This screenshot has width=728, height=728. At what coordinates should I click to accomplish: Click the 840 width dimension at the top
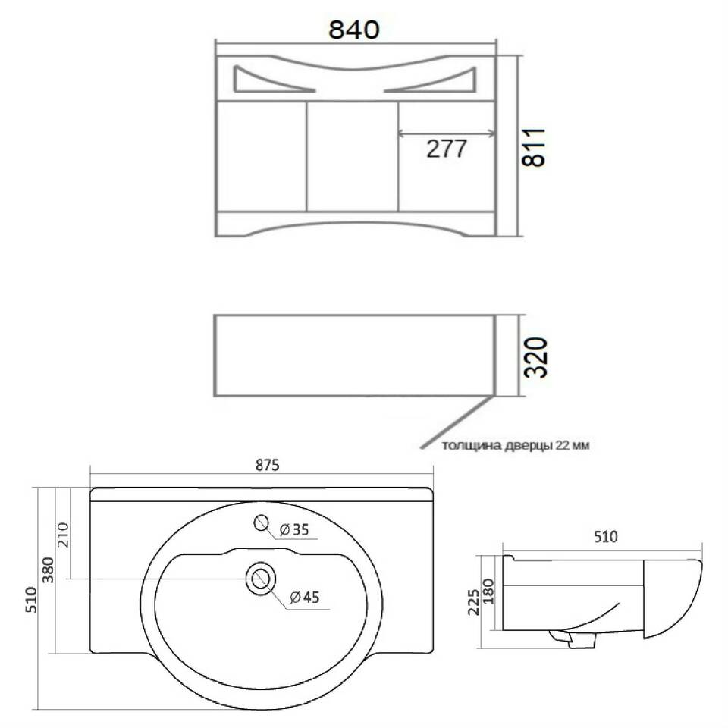click(x=354, y=30)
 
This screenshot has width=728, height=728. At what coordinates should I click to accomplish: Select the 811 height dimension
click(x=533, y=146)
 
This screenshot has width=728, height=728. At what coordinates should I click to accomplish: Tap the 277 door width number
click(x=446, y=149)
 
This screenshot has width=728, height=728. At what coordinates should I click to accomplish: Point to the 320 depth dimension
click(x=535, y=357)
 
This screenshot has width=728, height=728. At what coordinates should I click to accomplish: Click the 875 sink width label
click(x=268, y=465)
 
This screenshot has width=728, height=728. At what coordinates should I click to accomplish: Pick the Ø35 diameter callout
click(x=294, y=529)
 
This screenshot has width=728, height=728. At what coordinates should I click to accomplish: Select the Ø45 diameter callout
click(x=305, y=597)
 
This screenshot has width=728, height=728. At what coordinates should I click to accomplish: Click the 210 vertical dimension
click(x=63, y=535)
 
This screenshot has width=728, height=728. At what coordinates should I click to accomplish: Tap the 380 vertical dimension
click(x=48, y=570)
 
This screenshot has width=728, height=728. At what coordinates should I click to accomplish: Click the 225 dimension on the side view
click(x=473, y=602)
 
